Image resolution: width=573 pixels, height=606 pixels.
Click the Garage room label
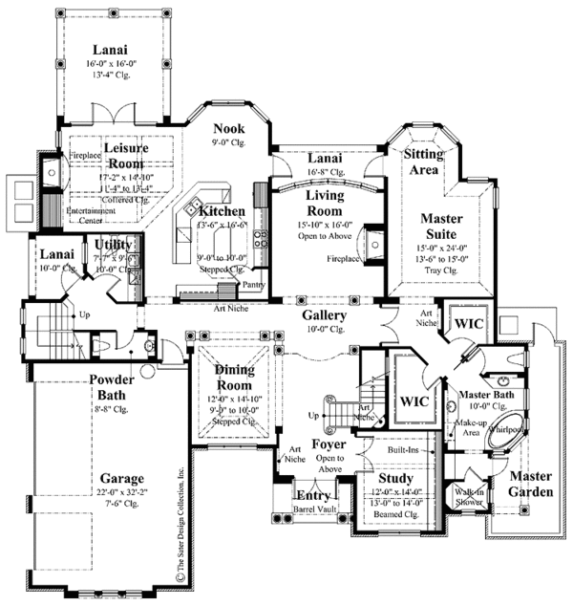(117, 478)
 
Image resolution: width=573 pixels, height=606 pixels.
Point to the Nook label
(230, 128)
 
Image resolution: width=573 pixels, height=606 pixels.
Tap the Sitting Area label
(421, 162)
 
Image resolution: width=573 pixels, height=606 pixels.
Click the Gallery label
(324, 314)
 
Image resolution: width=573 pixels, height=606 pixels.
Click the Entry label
(311, 495)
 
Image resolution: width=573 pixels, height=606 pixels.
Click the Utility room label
(114, 246)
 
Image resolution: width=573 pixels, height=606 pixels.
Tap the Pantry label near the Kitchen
(252, 285)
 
